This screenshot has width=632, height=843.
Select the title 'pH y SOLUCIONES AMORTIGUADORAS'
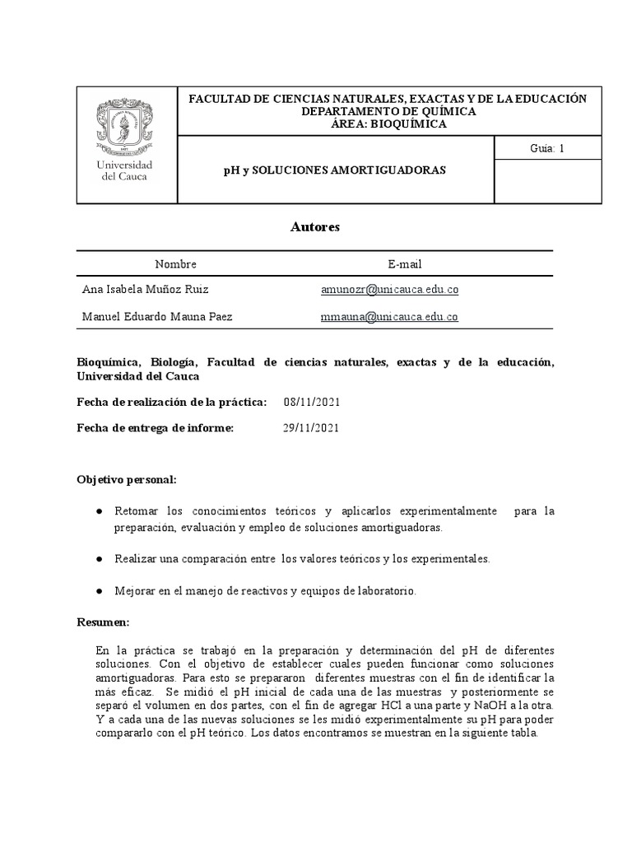click(335, 170)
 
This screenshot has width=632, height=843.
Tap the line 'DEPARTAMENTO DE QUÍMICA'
click(388, 111)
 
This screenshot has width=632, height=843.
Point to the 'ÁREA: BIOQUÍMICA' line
click(388, 123)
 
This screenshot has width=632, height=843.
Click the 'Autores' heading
click(314, 226)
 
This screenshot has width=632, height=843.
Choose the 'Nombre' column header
click(176, 263)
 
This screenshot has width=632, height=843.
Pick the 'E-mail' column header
click(405, 263)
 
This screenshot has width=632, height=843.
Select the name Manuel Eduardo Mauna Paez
click(163, 316)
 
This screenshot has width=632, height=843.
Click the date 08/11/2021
click(311, 402)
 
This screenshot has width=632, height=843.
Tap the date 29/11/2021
click(311, 428)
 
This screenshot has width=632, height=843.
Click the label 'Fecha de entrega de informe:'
click(156, 428)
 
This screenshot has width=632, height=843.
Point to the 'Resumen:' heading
click(103, 623)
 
